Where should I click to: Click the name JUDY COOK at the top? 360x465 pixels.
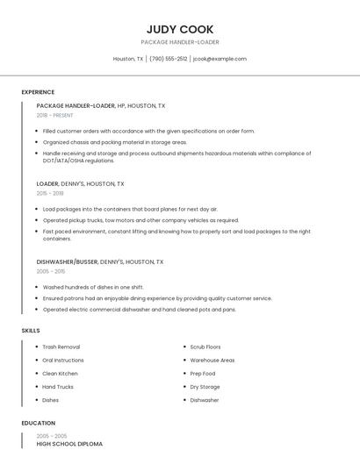(x=180, y=29)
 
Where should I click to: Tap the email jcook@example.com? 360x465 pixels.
(x=219, y=59)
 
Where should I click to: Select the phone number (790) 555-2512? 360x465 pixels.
(x=168, y=59)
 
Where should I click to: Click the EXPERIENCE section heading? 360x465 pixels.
(x=38, y=92)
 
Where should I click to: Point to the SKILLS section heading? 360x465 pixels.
(x=30, y=331)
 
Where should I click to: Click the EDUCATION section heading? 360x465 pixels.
(x=38, y=423)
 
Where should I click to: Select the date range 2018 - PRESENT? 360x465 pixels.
(x=54, y=115)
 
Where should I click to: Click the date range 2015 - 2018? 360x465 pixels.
(x=50, y=193)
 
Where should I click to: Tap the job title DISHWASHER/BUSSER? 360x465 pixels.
(x=67, y=261)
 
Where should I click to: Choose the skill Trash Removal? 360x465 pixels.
(x=61, y=347)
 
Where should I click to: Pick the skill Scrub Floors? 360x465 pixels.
(x=205, y=347)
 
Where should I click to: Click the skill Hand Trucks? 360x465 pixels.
(x=58, y=387)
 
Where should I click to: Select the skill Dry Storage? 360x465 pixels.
(x=205, y=387)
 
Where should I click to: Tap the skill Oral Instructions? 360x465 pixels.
(x=63, y=361)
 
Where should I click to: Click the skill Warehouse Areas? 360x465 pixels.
(x=212, y=361)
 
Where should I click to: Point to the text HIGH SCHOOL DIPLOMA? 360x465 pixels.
(x=69, y=444)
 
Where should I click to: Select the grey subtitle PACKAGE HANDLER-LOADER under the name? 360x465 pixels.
(x=180, y=42)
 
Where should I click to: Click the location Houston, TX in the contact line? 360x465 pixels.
(x=128, y=59)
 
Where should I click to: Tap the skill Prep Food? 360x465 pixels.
(x=202, y=374)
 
